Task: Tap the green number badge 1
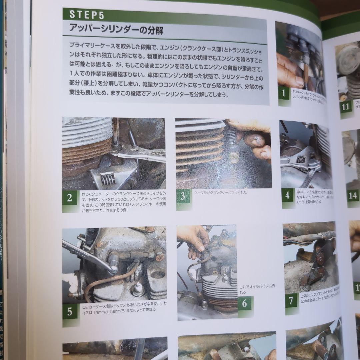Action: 284,93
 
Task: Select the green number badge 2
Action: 69,198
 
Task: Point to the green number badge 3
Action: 183,196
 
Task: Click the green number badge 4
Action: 288,195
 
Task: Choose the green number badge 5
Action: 70,312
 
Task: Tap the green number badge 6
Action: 245,304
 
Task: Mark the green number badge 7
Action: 291,301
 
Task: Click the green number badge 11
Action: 346,107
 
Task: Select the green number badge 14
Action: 353,195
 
